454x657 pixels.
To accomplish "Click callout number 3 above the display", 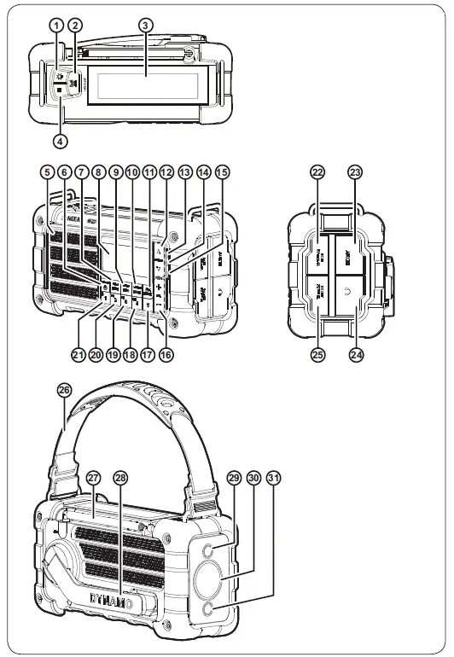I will point(146,25).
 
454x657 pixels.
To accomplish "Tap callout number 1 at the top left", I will point(56,25).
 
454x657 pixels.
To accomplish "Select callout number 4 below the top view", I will point(61,138).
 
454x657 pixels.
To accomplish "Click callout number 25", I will point(318,355).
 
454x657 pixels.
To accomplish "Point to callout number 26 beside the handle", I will point(63,389).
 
